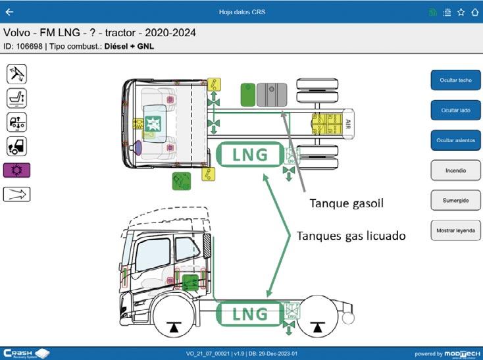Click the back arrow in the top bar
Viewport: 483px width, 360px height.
[9, 12]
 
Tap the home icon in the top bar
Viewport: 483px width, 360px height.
[474, 12]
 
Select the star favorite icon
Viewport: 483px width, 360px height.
[461, 12]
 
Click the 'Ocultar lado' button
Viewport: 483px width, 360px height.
[455, 110]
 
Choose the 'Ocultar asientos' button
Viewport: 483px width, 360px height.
[455, 140]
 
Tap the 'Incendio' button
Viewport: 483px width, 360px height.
[455, 170]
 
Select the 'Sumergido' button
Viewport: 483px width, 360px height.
[455, 200]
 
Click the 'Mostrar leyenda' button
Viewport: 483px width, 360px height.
[455, 230]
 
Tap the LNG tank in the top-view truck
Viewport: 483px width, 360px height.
[250, 155]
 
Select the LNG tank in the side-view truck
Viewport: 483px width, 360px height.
[250, 313]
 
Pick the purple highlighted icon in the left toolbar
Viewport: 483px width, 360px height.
[16, 170]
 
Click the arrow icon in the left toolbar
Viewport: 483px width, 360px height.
[16, 194]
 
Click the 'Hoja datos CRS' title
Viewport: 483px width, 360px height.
[241, 12]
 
